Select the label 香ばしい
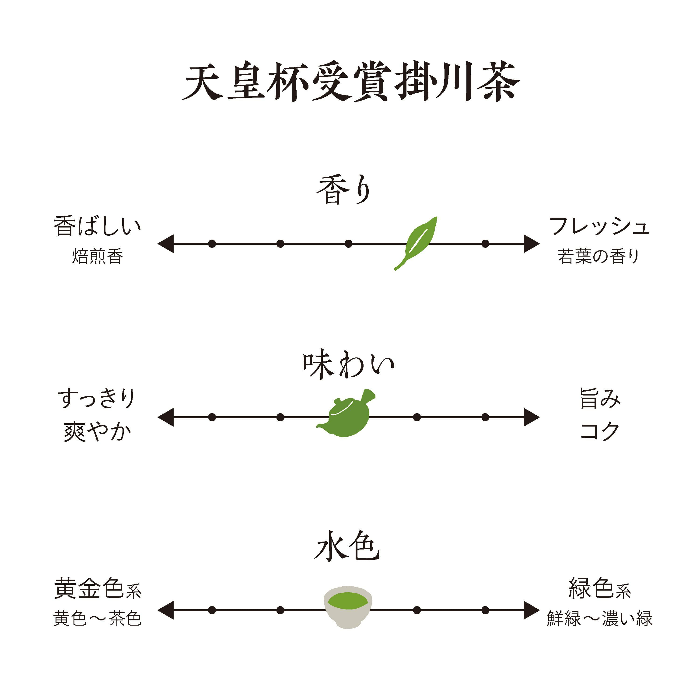click(97, 227)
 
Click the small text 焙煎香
click(97, 256)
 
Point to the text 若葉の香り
click(598, 256)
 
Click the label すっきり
click(96, 398)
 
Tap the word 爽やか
click(97, 432)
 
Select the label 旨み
click(600, 398)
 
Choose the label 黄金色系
click(97, 589)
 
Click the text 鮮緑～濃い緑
click(600, 619)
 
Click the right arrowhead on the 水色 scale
click(532, 610)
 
